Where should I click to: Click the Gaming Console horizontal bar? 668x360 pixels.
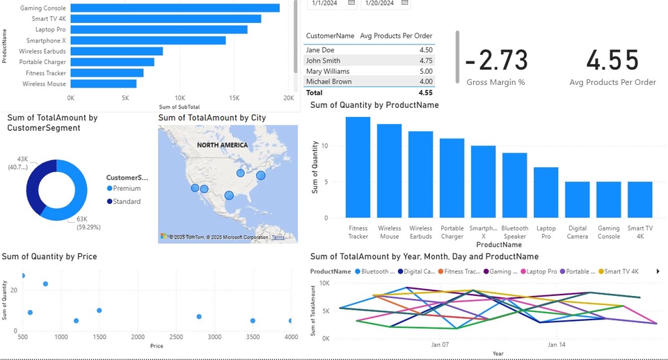point(175,8)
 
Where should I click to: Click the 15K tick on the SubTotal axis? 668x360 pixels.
point(234,99)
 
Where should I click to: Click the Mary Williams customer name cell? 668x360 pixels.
point(328,71)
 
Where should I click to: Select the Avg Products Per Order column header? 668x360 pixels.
point(396,36)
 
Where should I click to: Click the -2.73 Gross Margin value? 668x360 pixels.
point(495,61)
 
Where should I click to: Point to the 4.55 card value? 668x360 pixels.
point(612,61)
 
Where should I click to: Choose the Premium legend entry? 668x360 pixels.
point(126,189)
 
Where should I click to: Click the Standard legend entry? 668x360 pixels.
point(126,201)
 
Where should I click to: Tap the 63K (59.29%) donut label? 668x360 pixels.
point(86,223)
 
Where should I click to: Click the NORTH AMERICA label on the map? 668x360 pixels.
point(222,145)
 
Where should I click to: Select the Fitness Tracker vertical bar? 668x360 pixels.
point(358,167)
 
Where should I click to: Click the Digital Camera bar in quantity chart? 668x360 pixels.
point(577,199)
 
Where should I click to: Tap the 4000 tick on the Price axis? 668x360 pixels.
point(290,337)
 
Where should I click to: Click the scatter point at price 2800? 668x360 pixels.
point(199,317)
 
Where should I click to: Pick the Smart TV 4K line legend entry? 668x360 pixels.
point(621,271)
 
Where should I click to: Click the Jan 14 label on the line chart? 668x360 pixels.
point(555,345)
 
